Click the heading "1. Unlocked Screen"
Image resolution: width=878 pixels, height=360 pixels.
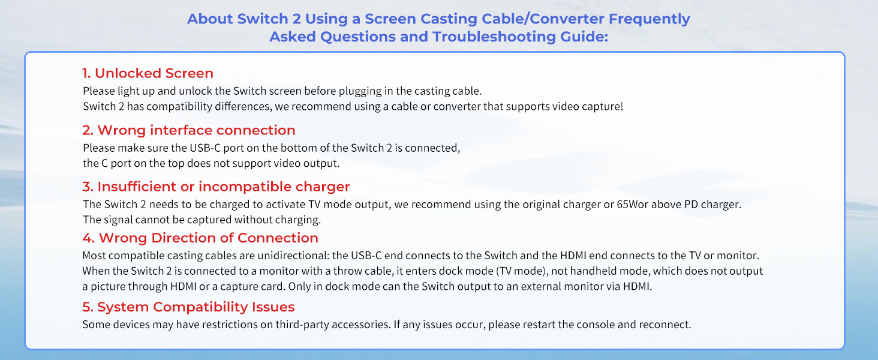coord(148,73)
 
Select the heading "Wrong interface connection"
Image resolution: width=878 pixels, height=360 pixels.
coord(196,130)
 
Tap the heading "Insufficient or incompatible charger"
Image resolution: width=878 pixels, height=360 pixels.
coord(223,187)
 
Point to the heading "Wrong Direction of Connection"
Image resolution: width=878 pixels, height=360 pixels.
coord(208,238)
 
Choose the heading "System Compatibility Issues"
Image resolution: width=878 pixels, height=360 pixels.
coord(196,307)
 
